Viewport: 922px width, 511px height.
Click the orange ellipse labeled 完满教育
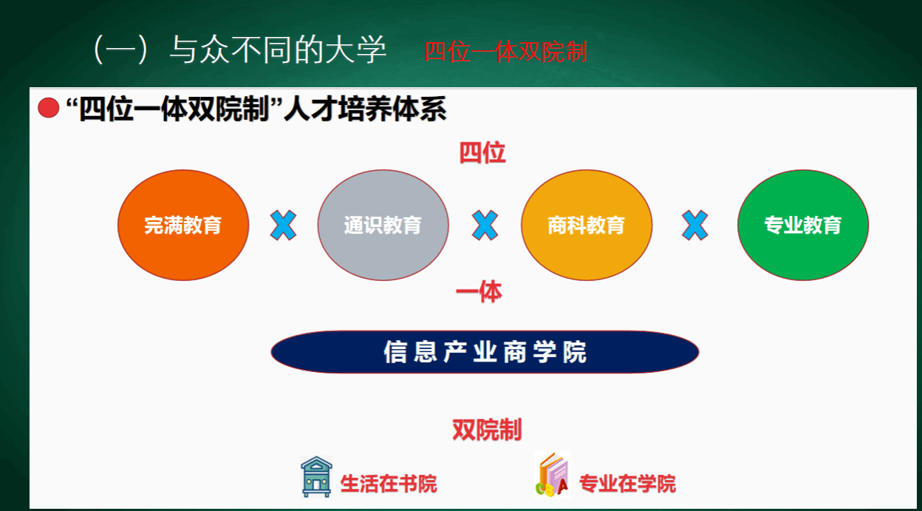(x=183, y=225)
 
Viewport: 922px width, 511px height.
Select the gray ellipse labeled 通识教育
(x=383, y=225)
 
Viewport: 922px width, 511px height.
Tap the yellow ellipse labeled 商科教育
(x=587, y=225)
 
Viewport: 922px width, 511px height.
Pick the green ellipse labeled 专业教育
(x=803, y=225)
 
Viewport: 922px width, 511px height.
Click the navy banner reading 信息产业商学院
(x=485, y=352)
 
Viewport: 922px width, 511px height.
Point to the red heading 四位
(x=482, y=153)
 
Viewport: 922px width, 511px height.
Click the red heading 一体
(x=479, y=292)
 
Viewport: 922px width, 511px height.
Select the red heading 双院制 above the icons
(x=487, y=430)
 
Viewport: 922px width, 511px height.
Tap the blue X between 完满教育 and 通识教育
(x=283, y=225)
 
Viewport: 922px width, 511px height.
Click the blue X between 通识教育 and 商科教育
(x=485, y=225)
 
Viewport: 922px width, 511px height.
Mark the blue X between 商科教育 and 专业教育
(x=694, y=225)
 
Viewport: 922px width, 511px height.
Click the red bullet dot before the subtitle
(x=49, y=108)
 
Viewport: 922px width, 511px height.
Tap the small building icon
(x=316, y=476)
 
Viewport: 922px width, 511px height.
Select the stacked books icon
(x=553, y=475)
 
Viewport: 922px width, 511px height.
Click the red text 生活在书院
(x=389, y=484)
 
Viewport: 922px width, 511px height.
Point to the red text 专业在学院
(x=628, y=484)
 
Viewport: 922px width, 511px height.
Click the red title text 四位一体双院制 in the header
(x=506, y=53)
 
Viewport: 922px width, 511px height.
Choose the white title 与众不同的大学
(x=279, y=50)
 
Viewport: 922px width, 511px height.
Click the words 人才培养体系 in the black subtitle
(x=365, y=109)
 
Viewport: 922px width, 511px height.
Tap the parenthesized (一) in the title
(x=120, y=50)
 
